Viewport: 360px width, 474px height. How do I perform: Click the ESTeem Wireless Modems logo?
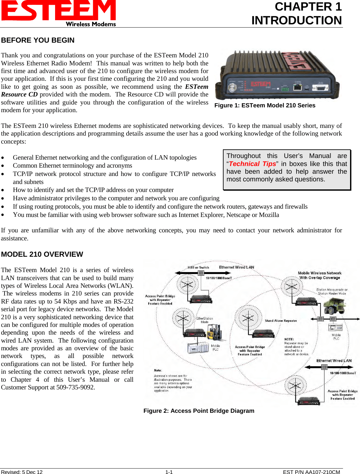59,13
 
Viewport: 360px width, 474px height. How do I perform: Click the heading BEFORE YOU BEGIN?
38,40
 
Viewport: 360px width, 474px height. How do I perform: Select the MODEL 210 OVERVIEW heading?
42,254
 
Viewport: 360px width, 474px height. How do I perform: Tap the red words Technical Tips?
252,164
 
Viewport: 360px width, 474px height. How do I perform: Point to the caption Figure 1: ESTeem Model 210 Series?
265,105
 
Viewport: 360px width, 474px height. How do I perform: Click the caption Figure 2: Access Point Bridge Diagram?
199,411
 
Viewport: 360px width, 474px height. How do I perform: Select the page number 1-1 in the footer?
169,472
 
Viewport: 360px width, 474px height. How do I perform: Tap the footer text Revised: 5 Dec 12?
22,472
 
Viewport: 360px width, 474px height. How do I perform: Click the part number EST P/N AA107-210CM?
311,472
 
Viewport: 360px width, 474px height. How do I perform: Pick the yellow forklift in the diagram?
214,332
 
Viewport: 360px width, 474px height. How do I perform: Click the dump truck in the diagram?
335,306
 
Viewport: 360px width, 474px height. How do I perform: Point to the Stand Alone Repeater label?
281,320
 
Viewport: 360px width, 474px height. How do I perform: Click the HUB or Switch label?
198,267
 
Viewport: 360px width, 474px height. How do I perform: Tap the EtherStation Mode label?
205,320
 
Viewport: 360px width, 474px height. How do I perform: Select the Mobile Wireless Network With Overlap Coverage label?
320,275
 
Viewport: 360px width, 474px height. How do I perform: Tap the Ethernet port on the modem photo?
298,87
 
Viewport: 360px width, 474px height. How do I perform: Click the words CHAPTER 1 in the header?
308,7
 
